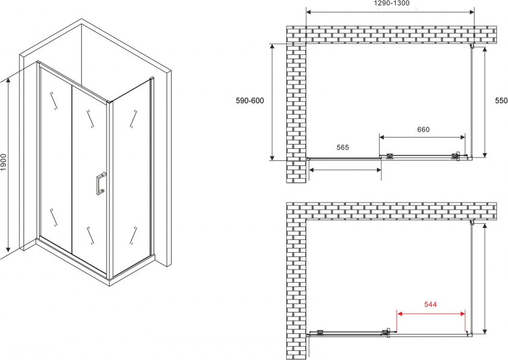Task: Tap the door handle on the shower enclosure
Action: tap(101, 183)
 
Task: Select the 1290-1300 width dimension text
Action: tap(391, 3)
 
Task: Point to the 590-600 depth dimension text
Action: tap(250, 101)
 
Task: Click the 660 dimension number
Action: tap(423, 130)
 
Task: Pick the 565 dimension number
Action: tap(342, 147)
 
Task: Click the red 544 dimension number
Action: tap(431, 304)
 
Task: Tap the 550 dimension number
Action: tap(501, 101)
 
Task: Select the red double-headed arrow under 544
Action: tap(431, 314)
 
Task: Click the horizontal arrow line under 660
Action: tap(422, 137)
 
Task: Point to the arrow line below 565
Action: tap(345, 169)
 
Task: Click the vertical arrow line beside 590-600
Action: tap(272, 102)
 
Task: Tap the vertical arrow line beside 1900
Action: tap(8, 165)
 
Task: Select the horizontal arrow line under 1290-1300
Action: tap(390, 12)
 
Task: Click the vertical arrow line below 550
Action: tap(484, 102)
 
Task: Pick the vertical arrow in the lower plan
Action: tap(484, 279)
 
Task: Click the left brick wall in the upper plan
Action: tap(296, 113)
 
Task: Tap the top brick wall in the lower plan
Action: tap(391, 211)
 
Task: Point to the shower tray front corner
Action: tap(110, 282)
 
